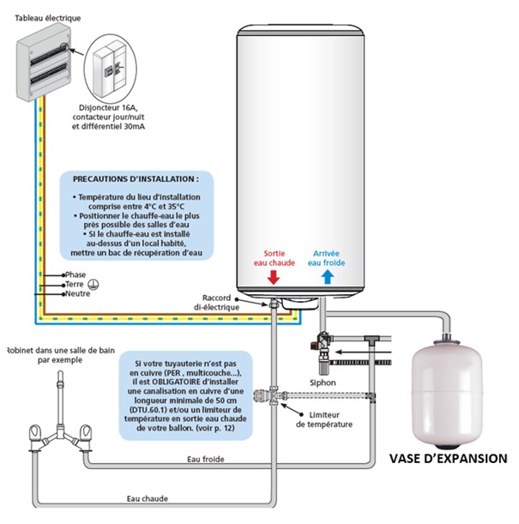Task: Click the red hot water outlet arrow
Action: coord(273,278)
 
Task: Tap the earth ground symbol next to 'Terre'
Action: coord(99,284)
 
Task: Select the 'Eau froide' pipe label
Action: coord(206,460)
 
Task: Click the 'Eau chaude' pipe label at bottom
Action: coord(147,497)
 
